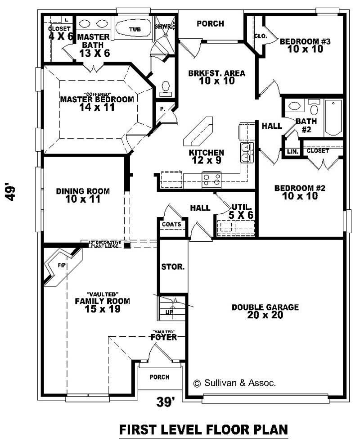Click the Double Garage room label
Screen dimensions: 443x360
(265, 311)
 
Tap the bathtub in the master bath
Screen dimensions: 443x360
(135, 29)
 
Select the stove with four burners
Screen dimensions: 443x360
(211, 180)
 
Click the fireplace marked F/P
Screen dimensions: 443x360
(63, 267)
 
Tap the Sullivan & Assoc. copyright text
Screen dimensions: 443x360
(234, 383)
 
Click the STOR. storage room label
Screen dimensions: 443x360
(172, 267)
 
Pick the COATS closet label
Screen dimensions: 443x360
(171, 224)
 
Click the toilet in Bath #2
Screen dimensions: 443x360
(314, 108)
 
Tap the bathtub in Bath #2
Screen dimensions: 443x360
(333, 117)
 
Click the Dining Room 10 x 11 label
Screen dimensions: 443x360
(83, 195)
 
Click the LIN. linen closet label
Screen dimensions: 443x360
(292, 152)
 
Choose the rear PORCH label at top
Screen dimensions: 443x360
(210, 23)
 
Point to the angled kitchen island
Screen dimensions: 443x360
(198, 132)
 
